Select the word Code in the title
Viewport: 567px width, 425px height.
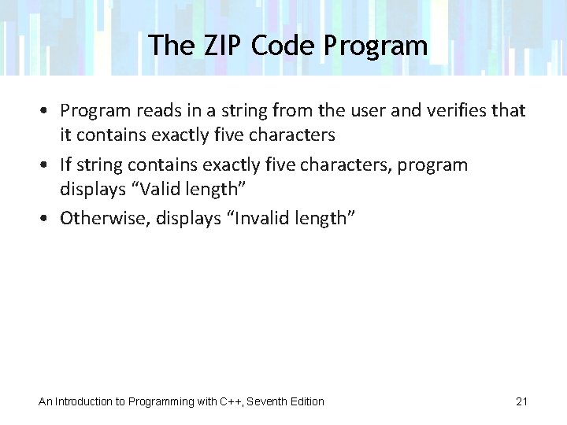pyautogui.click(x=283, y=45)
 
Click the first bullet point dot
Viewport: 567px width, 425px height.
pyautogui.click(x=49, y=111)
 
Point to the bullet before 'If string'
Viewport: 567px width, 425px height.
pyautogui.click(x=49, y=165)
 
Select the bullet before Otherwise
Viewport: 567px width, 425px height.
pyautogui.click(x=49, y=218)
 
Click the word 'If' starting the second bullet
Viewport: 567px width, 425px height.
pyautogui.click(x=66, y=165)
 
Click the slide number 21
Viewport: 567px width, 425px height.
pyautogui.click(x=521, y=401)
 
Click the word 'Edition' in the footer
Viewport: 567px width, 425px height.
pyautogui.click(x=307, y=401)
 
